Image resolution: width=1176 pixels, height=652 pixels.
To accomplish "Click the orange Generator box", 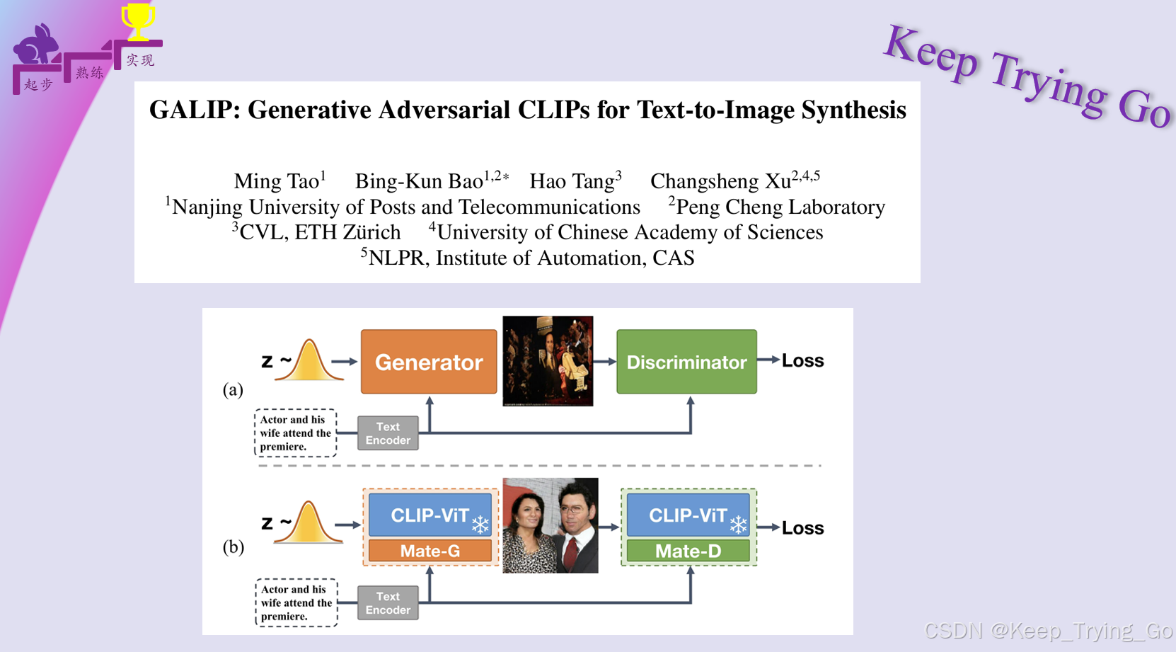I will (x=429, y=362).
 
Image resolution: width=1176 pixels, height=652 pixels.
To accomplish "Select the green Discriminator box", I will (x=686, y=362).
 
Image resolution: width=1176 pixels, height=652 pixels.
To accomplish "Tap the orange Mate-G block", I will (x=430, y=551).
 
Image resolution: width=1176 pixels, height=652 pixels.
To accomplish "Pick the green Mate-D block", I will (x=688, y=551).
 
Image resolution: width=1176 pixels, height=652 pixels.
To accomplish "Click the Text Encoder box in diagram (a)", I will (x=388, y=433).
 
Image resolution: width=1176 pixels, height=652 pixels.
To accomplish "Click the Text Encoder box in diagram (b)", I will (x=388, y=603).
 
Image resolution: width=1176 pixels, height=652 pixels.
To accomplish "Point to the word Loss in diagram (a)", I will (x=802, y=360).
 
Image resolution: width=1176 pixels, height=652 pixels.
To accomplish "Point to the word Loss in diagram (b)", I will (x=802, y=528).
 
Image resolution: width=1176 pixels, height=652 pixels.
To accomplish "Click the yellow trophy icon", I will (x=138, y=21).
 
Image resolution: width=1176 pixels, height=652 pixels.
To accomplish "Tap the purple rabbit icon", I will (x=37, y=46).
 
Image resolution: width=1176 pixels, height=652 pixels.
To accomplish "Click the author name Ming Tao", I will (x=277, y=181).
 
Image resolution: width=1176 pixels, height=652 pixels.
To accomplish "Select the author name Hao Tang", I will (x=572, y=181).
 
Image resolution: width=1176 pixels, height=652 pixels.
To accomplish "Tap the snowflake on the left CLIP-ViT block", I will (x=480, y=525).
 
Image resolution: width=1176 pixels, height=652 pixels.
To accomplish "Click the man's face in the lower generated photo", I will (x=573, y=505).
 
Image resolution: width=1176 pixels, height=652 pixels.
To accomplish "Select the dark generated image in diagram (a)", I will (x=548, y=361).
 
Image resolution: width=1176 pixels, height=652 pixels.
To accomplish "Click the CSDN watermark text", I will (x=1047, y=630).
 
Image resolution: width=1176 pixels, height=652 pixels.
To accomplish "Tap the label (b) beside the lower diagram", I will (x=233, y=547).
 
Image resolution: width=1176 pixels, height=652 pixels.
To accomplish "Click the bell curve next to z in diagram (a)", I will (x=309, y=361).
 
